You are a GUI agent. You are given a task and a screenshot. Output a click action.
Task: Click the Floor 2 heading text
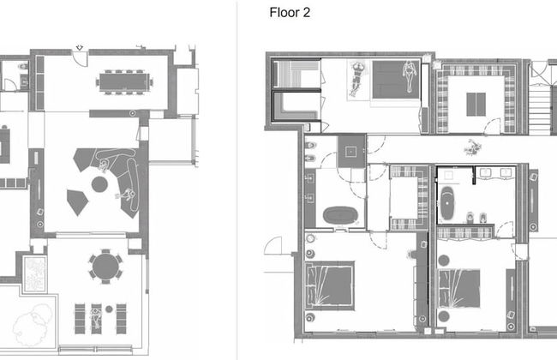coord(290,13)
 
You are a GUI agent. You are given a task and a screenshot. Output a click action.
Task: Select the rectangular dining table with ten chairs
coord(124,82)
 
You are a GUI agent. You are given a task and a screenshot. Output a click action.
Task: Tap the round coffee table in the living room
coord(99,184)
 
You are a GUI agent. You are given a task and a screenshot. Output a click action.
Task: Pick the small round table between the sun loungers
coord(109,309)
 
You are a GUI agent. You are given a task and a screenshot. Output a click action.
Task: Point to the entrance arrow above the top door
coord(80,48)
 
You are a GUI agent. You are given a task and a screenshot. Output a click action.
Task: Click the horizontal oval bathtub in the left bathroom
coord(340,215)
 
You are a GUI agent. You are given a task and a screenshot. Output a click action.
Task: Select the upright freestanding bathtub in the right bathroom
coord(447,203)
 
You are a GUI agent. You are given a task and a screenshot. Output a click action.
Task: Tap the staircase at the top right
coord(540,109)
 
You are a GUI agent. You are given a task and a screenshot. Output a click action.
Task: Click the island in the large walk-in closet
coord(476,104)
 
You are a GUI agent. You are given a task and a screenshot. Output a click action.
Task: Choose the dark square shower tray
coord(351,152)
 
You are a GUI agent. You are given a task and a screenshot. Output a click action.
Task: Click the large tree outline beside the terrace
coord(33,325)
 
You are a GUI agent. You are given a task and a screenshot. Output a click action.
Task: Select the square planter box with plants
coord(35,274)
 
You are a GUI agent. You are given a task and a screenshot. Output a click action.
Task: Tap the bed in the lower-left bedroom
coord(330,286)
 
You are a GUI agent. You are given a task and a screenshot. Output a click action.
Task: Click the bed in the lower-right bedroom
coord(459,288)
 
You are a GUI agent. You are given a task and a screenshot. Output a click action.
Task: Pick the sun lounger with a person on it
coord(96,319)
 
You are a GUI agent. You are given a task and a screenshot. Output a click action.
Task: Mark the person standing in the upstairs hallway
coord(472,147)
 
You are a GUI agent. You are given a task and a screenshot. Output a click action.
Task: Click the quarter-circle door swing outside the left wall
coord(273,245)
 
